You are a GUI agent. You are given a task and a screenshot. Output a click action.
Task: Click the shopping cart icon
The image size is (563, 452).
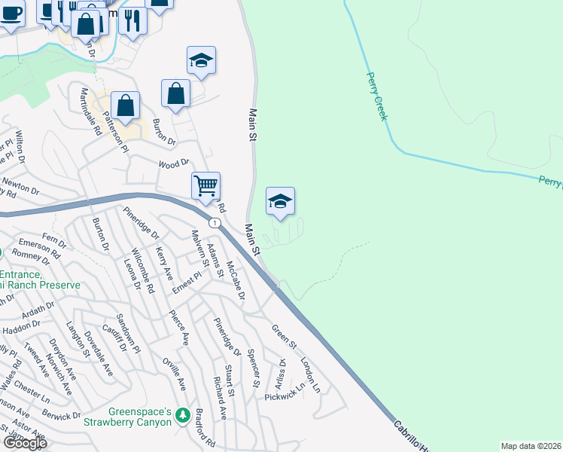point(205,185)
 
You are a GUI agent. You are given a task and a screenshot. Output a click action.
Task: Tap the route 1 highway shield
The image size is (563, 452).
point(216,223)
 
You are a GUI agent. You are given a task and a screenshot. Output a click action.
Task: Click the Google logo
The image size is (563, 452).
point(25,443)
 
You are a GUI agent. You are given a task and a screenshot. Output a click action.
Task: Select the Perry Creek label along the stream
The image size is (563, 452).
point(376,96)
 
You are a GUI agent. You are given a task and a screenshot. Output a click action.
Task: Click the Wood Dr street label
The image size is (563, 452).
point(174,163)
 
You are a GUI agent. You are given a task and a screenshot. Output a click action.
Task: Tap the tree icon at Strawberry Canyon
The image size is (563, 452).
point(181,415)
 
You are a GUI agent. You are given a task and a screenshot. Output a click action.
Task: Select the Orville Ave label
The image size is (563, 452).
point(179,374)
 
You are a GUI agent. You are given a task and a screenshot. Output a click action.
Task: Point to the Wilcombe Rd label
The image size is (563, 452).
point(144,269)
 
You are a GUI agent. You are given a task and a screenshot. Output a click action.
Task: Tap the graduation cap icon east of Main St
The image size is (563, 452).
point(280,201)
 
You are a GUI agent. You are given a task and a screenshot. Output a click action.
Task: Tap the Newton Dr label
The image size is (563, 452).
point(20,184)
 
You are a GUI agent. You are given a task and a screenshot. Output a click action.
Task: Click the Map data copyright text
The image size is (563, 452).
point(531,446)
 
